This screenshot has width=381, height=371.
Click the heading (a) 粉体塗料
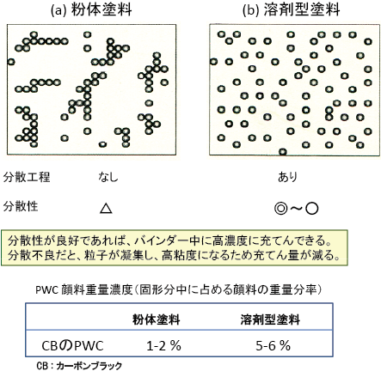91,9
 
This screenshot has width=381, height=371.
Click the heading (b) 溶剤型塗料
292,9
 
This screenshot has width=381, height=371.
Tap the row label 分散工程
27,177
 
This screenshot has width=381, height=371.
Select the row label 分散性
21,206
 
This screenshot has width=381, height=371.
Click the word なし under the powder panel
108,178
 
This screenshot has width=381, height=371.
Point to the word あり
287,178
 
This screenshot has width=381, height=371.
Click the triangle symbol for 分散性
106,209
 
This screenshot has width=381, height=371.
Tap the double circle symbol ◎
280,209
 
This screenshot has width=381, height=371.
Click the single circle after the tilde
312,209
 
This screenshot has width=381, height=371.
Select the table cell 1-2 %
163,346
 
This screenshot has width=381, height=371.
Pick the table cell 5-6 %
273,346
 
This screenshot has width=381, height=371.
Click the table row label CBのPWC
72,346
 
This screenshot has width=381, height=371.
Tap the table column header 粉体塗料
157,319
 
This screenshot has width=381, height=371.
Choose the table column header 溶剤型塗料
270,319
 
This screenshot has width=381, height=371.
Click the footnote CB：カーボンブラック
79,366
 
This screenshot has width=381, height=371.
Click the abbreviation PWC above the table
47,290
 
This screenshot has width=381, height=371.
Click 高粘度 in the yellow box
180,255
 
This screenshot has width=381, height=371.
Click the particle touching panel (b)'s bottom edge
283,152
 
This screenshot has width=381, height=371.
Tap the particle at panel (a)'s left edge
11,62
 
